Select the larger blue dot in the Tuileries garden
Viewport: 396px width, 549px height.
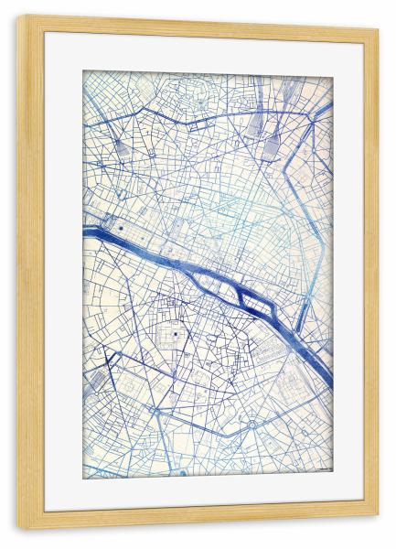pyautogui.click(x=120, y=225)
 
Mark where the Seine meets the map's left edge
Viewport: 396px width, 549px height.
pyautogui.click(x=85, y=231)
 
